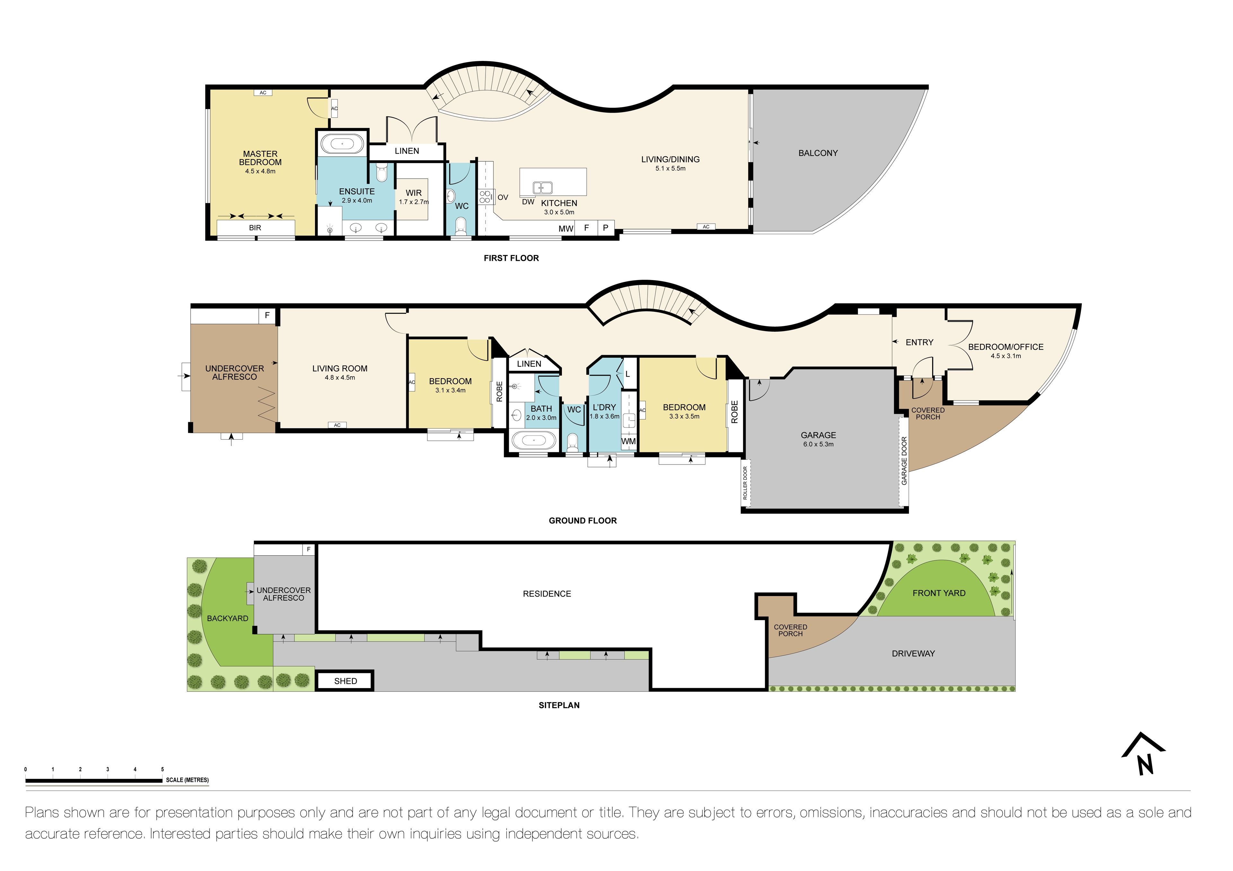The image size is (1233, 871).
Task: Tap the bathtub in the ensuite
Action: (x=342, y=144)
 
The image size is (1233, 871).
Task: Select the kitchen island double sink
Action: (x=542, y=187)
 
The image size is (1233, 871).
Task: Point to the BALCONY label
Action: (x=818, y=153)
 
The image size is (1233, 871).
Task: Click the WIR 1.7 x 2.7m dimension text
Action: (x=414, y=202)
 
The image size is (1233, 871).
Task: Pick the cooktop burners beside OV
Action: (x=485, y=196)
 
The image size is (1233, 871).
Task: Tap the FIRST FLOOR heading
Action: (x=511, y=258)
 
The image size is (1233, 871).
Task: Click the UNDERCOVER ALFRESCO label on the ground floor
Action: (x=235, y=372)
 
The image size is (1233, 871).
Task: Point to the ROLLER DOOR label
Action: (x=745, y=483)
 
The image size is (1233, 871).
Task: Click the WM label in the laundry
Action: (x=628, y=441)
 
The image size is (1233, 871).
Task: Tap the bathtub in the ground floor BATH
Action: (x=533, y=440)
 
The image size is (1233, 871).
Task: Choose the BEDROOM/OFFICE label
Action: (x=1005, y=347)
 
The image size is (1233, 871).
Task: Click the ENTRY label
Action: (x=919, y=342)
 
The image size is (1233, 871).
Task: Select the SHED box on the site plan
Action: (x=345, y=681)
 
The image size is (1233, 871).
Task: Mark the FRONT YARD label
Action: (x=938, y=593)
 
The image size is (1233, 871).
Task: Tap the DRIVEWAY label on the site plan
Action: (x=913, y=654)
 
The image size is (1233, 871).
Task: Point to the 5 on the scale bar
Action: (x=162, y=769)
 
